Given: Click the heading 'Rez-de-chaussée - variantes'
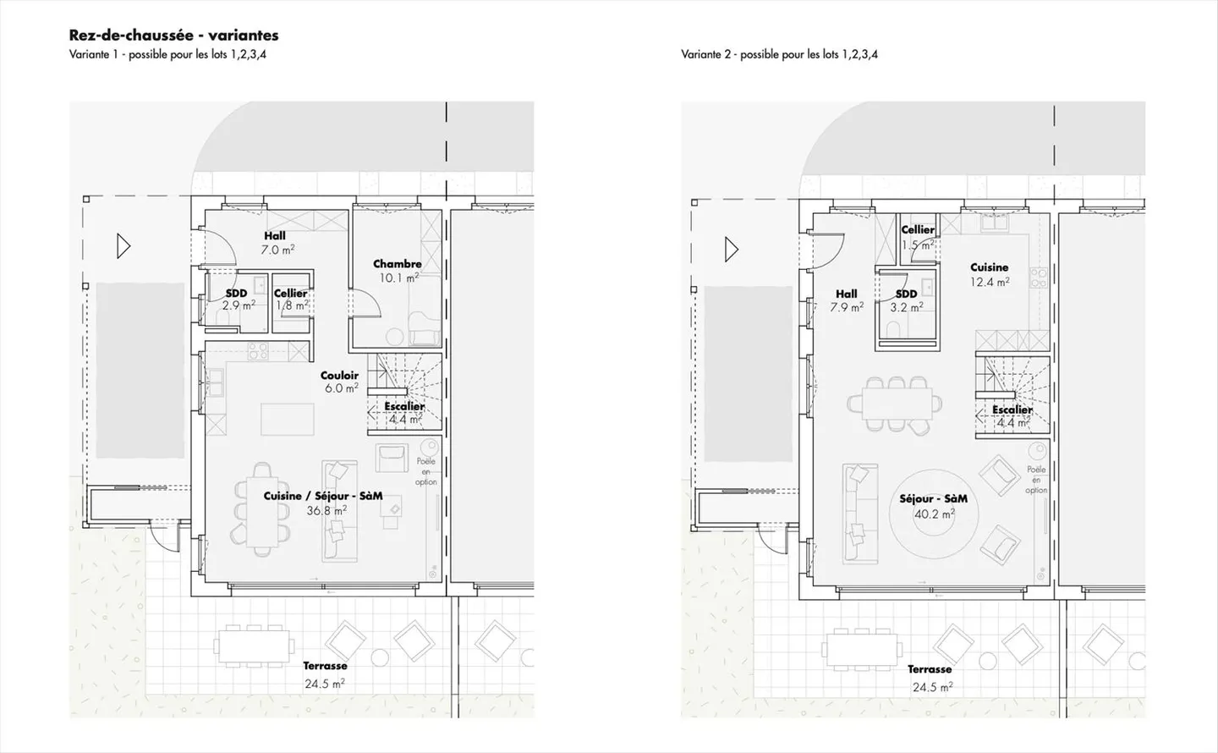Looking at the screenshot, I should tap(173, 36).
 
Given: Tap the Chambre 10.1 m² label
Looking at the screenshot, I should tap(398, 271).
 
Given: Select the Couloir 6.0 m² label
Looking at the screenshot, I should tap(339, 382).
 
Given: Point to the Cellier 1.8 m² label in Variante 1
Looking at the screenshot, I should tap(291, 300).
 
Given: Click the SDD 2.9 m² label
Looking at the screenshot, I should tap(237, 300).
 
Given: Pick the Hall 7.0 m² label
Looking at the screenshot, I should tap(276, 243).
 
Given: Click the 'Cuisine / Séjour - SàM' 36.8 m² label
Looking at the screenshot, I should tap(323, 503).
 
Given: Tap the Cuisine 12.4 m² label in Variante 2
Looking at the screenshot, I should tap(989, 274).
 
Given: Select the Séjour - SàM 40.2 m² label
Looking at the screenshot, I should tap(933, 506).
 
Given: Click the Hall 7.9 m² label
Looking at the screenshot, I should tap(846, 301).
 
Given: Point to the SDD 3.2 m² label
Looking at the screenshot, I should tap(906, 301).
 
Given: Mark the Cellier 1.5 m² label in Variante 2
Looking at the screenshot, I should tap(918, 237).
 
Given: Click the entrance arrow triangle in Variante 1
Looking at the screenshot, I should tap(123, 246).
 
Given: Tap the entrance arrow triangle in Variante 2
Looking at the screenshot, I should tap(732, 250).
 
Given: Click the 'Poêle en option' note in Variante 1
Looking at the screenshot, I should tap(426, 471).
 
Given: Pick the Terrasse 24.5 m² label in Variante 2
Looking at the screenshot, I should tap(930, 678).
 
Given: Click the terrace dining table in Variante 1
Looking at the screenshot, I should tap(254, 646).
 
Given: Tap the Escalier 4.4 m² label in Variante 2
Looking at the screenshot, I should tap(1012, 416).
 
